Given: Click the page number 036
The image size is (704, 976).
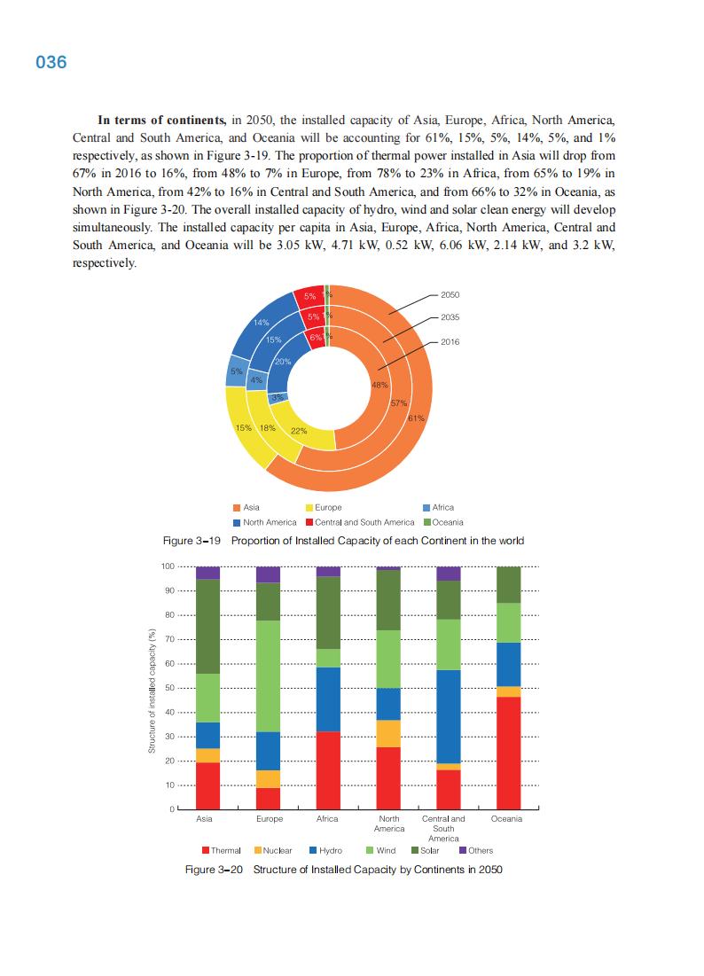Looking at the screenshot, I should (x=51, y=63).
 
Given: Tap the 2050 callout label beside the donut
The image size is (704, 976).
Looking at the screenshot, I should (x=450, y=294).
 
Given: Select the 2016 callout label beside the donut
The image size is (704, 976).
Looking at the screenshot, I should (x=450, y=341).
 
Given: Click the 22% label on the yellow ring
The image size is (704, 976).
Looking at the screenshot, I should (x=299, y=432).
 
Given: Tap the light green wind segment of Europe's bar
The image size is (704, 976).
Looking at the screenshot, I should (x=269, y=675).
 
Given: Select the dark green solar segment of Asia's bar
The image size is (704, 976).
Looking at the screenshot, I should (x=208, y=626).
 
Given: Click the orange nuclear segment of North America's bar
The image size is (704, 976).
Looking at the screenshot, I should (x=389, y=733).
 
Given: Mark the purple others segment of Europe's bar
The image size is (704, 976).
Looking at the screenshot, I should (x=269, y=574).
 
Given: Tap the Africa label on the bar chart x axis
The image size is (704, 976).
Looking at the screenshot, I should (x=328, y=819).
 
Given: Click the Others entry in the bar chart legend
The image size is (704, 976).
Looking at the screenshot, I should (x=480, y=850).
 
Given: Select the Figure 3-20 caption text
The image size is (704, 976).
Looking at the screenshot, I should (x=343, y=870).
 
